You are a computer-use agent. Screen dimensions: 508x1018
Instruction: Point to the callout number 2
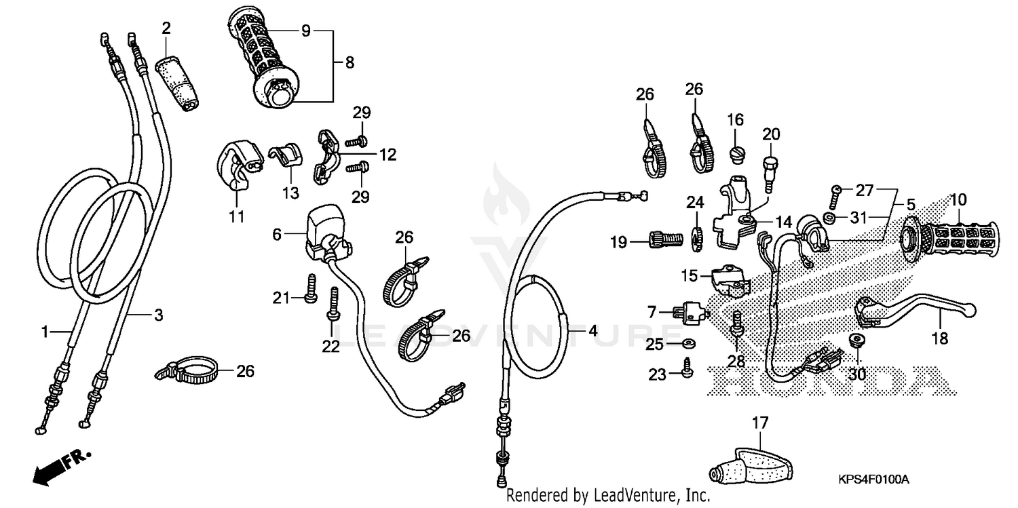[166, 28]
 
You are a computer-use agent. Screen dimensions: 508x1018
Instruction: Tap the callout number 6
[276, 235]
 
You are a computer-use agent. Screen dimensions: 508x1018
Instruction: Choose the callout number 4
[592, 332]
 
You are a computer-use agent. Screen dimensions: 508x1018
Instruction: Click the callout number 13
[290, 193]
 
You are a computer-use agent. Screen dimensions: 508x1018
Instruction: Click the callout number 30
[857, 374]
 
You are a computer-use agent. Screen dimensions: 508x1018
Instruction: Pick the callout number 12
[388, 155]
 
